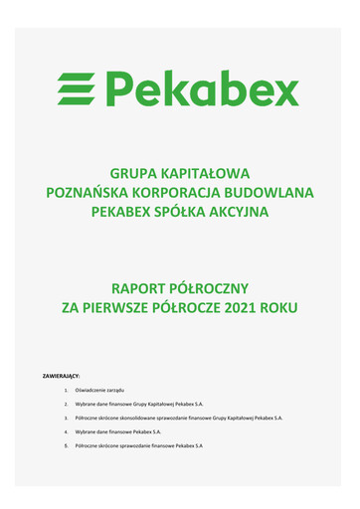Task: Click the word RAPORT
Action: coord(143,287)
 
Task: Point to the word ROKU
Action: coord(282,308)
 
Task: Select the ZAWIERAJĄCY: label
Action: coord(60,377)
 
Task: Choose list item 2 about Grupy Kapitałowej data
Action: coord(139,406)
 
